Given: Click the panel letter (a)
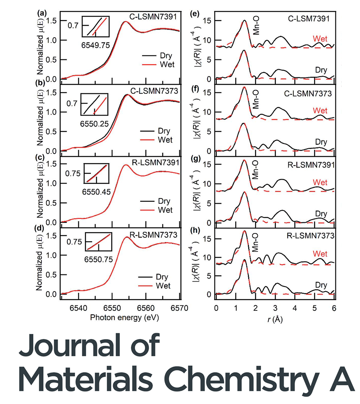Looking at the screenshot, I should [x=42, y=13].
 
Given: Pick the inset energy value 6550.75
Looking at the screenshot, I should [x=99, y=260].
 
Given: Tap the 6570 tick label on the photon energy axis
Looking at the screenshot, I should [x=180, y=308].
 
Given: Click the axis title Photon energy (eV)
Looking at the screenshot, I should [x=124, y=317].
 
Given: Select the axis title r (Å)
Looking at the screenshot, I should [x=275, y=320].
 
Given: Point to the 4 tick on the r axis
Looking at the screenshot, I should [x=295, y=308].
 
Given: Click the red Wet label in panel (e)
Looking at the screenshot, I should [x=320, y=39].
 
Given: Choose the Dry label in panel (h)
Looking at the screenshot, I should [x=321, y=285].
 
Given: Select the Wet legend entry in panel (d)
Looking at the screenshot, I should [x=163, y=286].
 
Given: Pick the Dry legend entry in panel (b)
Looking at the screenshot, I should [x=164, y=131].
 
